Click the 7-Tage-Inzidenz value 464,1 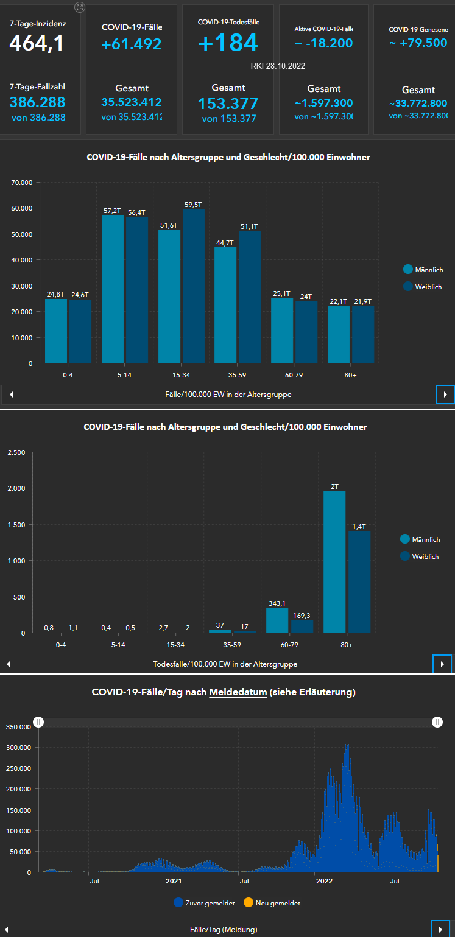tap(37, 44)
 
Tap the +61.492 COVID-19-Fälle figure tap(132, 44)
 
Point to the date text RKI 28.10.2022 tap(278, 66)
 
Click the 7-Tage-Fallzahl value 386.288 tap(37, 102)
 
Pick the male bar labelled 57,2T tap(113, 289)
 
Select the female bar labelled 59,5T tap(193, 286)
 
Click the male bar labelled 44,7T tap(225, 304)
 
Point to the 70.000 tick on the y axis tap(22, 182)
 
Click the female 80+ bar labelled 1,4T tap(359, 581)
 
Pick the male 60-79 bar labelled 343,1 tap(277, 620)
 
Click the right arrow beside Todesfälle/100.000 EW tap(442, 664)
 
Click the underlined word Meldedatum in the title tap(238, 692)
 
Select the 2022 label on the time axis tap(324, 881)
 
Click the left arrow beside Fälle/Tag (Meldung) tap(7, 930)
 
